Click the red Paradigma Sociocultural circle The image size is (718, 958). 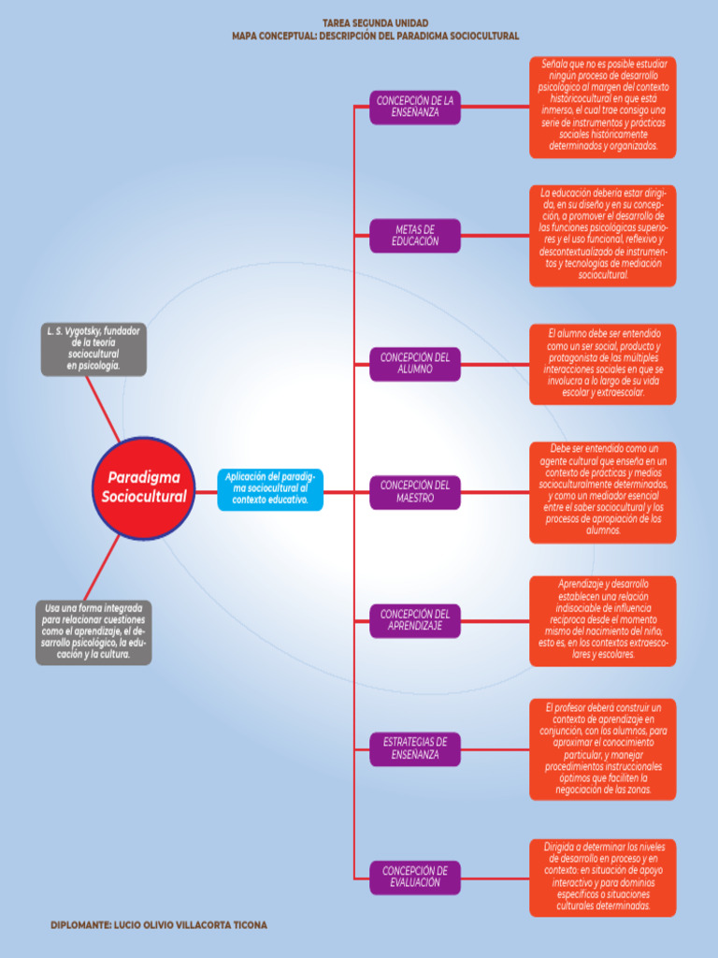pyautogui.click(x=144, y=487)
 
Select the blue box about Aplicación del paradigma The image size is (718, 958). pyautogui.click(x=270, y=489)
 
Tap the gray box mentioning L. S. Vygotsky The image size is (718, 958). pyautogui.click(x=93, y=349)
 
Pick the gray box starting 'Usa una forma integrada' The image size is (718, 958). pyautogui.click(x=93, y=631)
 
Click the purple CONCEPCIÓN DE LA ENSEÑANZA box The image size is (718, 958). pyautogui.click(x=415, y=107)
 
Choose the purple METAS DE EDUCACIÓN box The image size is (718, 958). pyautogui.click(x=415, y=236)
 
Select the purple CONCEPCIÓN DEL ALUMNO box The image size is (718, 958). pyautogui.click(x=415, y=364)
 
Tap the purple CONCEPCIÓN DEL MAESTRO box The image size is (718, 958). pyautogui.click(x=415, y=492)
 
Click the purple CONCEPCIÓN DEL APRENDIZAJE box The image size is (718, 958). pyautogui.click(x=415, y=620)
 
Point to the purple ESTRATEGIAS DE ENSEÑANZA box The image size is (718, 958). pyautogui.click(x=415, y=748)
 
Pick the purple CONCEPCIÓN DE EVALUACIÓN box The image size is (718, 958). pyautogui.click(x=415, y=877)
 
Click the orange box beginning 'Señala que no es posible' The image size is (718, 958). pyautogui.click(x=603, y=107)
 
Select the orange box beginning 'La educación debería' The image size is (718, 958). pyautogui.click(x=603, y=235)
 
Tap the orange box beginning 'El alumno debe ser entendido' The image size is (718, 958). pyautogui.click(x=603, y=364)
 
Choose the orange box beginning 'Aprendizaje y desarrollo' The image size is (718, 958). pyautogui.click(x=603, y=620)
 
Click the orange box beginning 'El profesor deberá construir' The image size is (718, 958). pyautogui.click(x=603, y=748)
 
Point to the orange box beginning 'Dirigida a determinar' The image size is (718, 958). pyautogui.click(x=603, y=877)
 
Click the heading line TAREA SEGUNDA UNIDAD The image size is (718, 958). pyautogui.click(x=375, y=22)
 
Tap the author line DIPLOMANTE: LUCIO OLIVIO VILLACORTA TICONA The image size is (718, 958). pyautogui.click(x=159, y=925)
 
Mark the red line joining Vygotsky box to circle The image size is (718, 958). pyautogui.click(x=103, y=409)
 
